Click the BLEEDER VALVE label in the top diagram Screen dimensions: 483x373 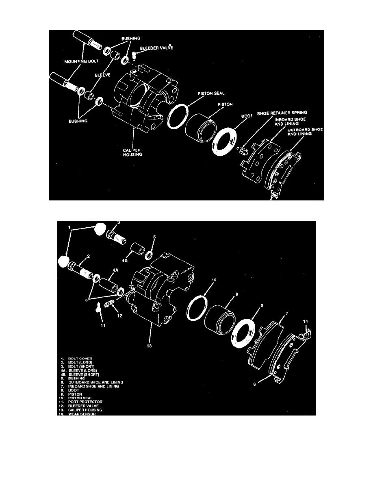pyautogui.click(x=156, y=48)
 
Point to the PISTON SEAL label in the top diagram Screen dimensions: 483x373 pyautogui.click(x=211, y=94)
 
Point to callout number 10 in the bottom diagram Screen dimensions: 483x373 pyautogui.click(x=214, y=280)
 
